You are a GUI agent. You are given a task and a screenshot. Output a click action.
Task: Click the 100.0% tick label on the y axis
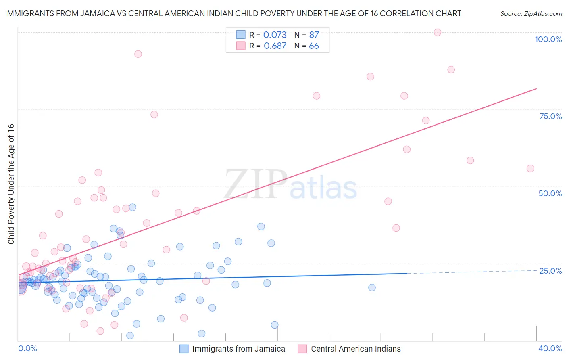548,39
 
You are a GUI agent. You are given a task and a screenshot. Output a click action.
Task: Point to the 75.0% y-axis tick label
550,116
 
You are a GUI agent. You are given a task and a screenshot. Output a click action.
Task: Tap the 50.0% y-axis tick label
550,193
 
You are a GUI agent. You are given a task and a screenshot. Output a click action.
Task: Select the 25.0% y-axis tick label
550,271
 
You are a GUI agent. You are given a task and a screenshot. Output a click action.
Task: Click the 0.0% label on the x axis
27,348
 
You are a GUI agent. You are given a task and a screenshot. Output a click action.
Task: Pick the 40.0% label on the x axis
550,348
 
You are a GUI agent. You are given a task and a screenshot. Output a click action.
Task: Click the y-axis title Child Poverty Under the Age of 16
11,184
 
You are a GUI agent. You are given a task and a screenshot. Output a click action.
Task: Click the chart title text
233,13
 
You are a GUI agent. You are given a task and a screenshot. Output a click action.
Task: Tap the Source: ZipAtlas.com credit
531,14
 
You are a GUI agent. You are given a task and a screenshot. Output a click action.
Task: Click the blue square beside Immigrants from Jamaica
184,349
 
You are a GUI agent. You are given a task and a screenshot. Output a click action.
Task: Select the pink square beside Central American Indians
302,349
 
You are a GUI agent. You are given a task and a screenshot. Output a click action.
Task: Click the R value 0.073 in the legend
275,35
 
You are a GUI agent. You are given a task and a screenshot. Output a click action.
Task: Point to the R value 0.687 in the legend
275,46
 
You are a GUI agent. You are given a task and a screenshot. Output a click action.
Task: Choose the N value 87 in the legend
314,35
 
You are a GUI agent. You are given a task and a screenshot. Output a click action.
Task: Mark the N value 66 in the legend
314,46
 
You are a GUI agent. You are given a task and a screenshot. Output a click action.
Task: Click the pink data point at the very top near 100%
438,32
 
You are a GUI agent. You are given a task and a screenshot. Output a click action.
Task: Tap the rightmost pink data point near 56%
530,169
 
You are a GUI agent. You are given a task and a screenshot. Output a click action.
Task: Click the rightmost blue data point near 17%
372,287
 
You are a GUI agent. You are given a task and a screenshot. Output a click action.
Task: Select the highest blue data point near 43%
132,207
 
